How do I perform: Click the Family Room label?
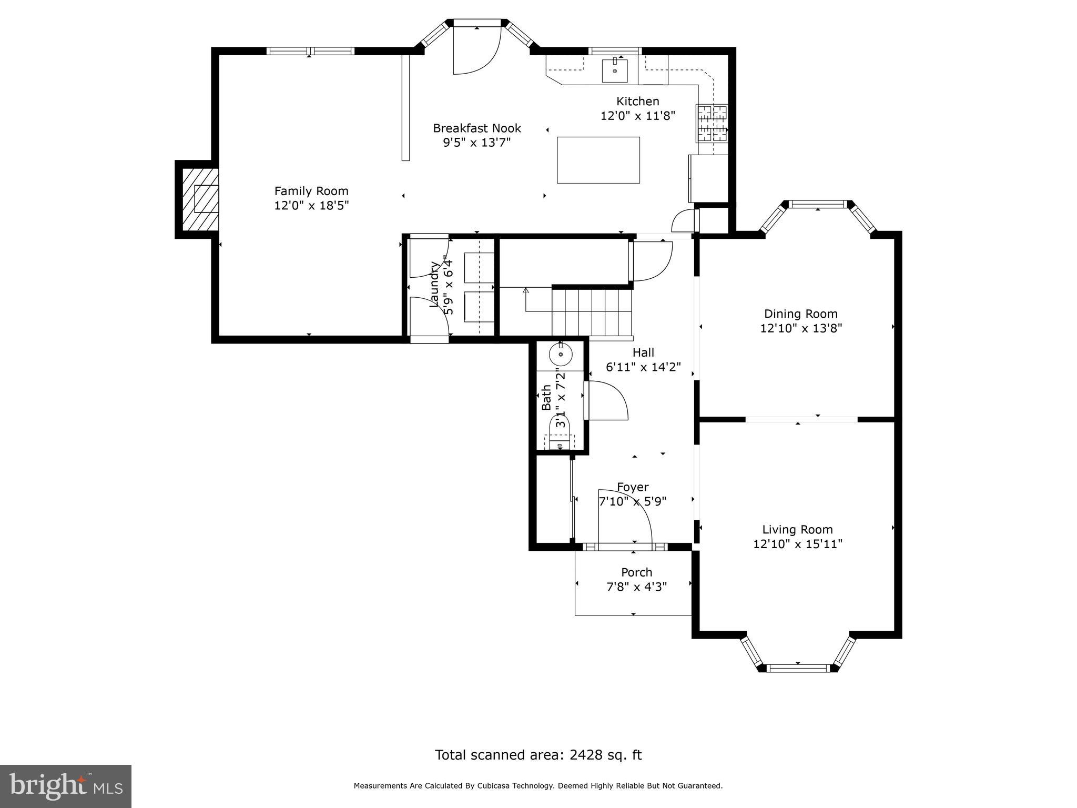(x=311, y=191)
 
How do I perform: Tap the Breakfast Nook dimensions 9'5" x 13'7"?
(x=477, y=143)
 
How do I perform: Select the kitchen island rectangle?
(x=598, y=160)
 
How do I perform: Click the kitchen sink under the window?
(x=615, y=70)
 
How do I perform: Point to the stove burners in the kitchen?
(x=712, y=123)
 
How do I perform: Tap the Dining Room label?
(x=801, y=314)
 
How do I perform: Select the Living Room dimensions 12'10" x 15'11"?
(x=798, y=544)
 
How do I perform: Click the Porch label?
(x=637, y=572)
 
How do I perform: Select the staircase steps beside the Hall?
(x=592, y=313)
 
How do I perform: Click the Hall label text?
(x=643, y=352)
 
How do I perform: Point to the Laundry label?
(x=435, y=284)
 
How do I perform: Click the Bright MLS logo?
(x=66, y=786)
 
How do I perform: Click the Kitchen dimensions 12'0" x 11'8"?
(x=638, y=116)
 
